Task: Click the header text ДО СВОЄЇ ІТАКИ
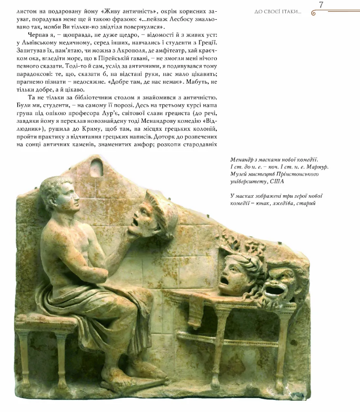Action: click(278, 11)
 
